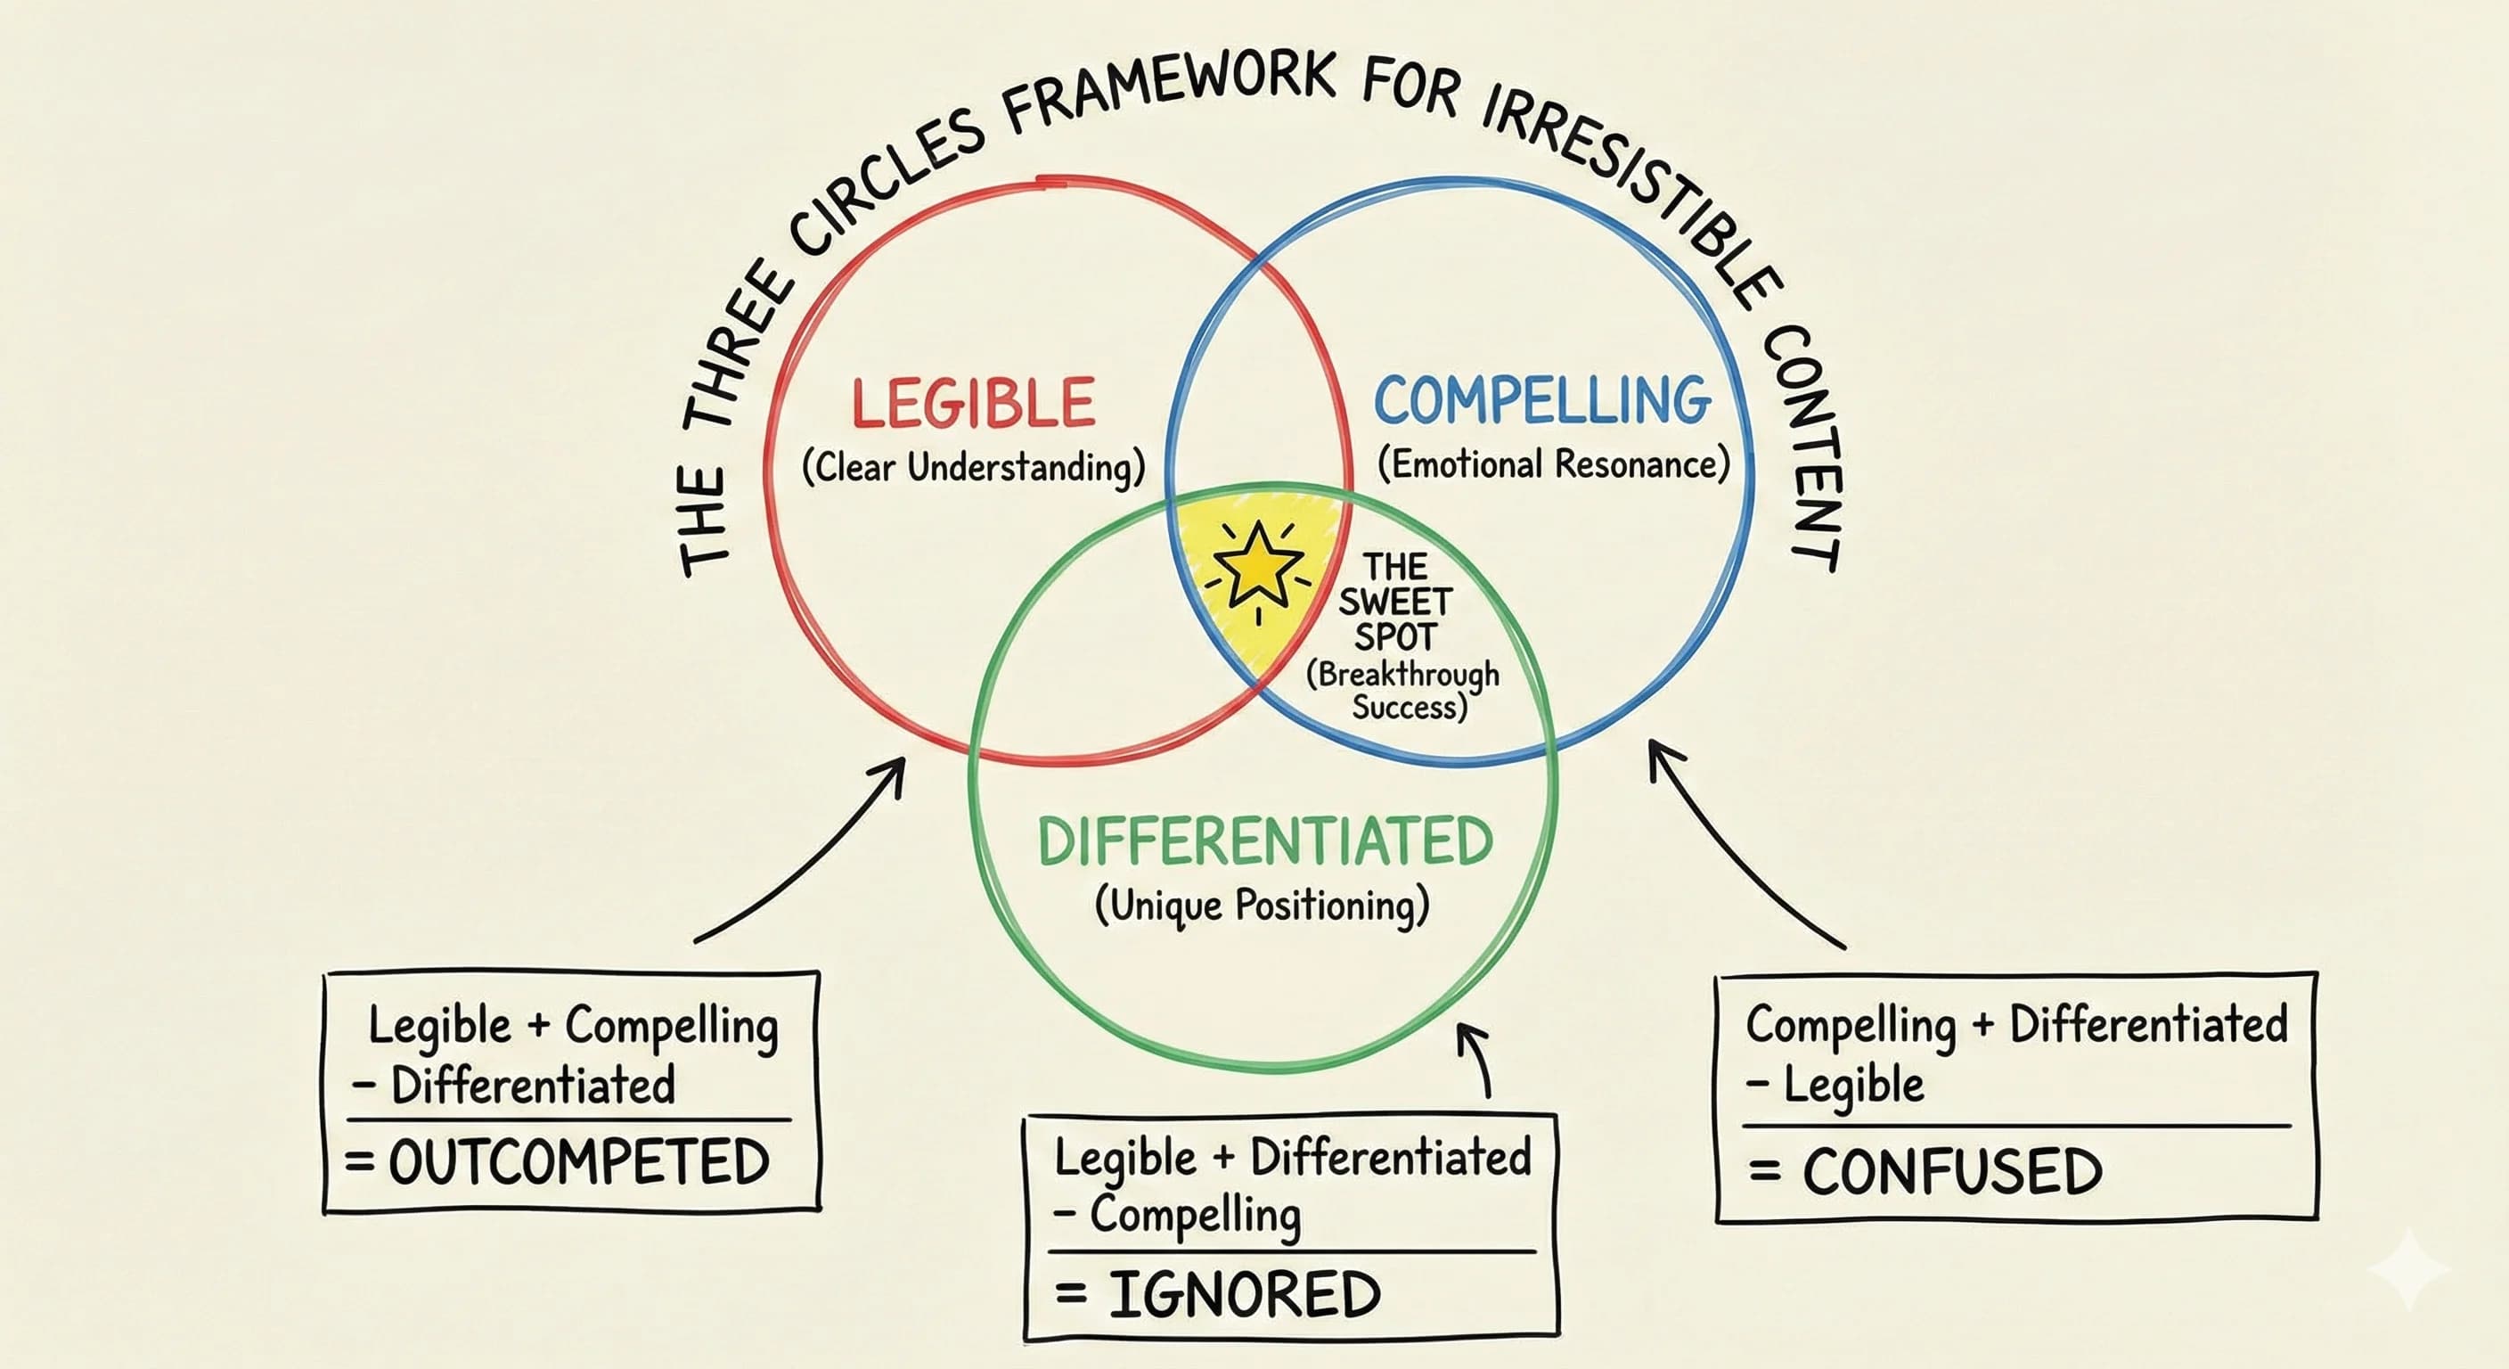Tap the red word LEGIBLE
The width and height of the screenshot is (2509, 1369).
click(x=974, y=404)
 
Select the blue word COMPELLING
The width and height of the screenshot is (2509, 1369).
click(x=1541, y=400)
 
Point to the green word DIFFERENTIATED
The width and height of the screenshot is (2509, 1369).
click(x=1264, y=842)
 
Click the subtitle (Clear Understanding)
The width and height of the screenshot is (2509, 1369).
click(x=973, y=468)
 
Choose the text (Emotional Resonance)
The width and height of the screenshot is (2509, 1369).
click(x=1554, y=463)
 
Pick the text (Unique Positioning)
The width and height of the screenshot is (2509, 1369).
click(x=1263, y=906)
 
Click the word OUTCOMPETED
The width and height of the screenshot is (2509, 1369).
click(x=578, y=1161)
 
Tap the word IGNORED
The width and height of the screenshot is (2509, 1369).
click(x=1244, y=1294)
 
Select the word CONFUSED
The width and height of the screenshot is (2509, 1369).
click(x=1952, y=1171)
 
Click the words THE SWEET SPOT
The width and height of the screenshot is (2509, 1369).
click(x=1394, y=603)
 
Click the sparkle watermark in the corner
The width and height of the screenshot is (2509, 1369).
click(x=2408, y=1267)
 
